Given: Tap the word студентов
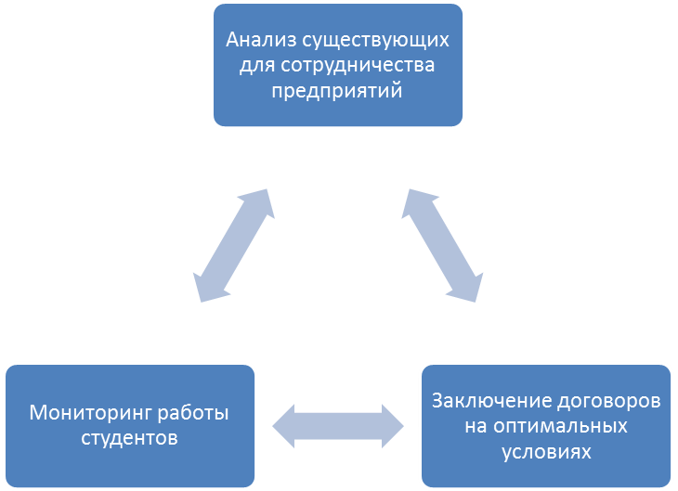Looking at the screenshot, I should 128,437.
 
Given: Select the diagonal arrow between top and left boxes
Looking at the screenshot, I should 232,245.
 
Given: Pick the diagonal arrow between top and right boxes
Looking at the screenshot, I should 444,245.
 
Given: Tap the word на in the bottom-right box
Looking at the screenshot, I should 476,427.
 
